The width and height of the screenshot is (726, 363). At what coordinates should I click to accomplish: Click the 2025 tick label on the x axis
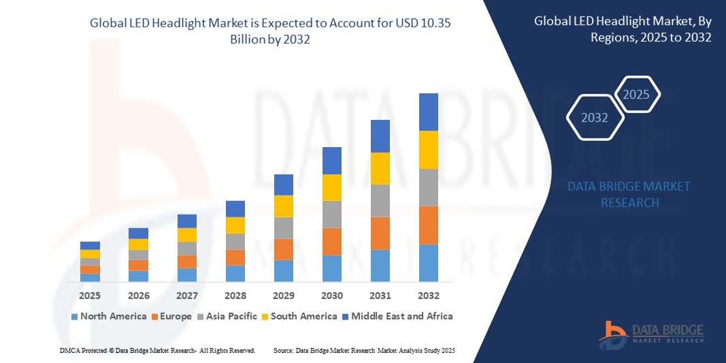click(x=90, y=296)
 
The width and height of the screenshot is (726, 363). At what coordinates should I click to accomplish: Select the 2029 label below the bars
click(x=284, y=296)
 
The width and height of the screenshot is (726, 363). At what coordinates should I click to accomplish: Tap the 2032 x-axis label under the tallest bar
click(x=429, y=296)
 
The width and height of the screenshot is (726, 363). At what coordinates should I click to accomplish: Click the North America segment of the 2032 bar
click(x=429, y=263)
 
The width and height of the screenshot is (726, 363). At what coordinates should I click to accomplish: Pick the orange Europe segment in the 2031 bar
click(x=380, y=233)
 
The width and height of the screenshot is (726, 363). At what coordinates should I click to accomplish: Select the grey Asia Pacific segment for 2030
click(x=332, y=214)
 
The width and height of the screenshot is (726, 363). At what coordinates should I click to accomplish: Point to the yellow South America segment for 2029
click(x=284, y=206)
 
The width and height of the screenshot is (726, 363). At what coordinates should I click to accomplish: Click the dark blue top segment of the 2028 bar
click(x=235, y=208)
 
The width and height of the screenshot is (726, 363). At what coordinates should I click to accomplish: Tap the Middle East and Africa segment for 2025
click(x=90, y=245)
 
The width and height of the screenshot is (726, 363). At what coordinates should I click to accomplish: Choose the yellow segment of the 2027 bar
click(x=187, y=234)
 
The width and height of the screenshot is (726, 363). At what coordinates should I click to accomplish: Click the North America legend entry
click(x=108, y=316)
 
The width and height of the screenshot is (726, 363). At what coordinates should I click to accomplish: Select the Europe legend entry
click(x=171, y=316)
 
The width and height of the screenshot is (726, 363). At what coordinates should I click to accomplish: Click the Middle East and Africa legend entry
click(x=399, y=316)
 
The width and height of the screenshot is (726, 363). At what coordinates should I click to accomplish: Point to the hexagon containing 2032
click(x=595, y=118)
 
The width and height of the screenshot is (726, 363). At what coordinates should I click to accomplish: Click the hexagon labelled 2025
click(x=637, y=95)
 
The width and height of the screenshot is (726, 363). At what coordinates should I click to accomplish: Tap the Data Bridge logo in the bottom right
click(x=651, y=333)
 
